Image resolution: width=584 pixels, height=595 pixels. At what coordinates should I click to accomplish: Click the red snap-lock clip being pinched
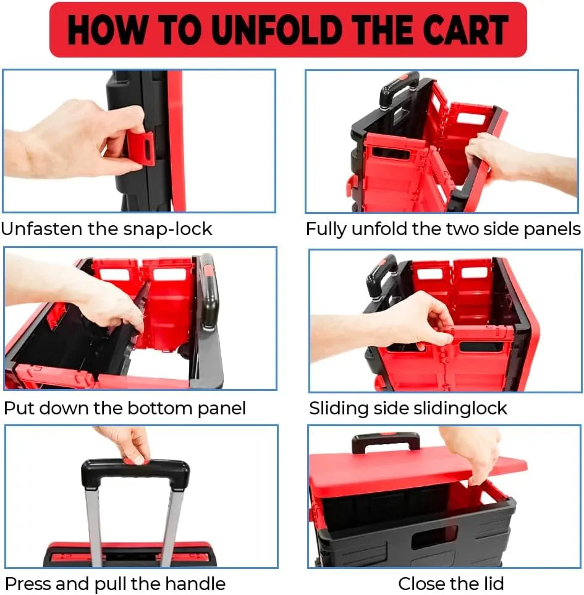pyautogui.click(x=141, y=148)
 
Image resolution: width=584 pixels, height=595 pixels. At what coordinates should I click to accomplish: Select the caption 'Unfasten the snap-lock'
pyautogui.click(x=106, y=229)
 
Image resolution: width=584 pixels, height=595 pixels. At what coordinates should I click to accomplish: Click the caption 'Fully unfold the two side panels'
pyautogui.click(x=443, y=229)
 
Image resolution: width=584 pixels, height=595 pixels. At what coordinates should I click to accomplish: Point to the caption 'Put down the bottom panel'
pyautogui.click(x=125, y=408)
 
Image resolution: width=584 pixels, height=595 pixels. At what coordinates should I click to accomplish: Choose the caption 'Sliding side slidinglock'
pyautogui.click(x=408, y=408)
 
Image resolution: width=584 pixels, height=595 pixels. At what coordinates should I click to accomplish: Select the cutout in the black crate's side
pyautogui.click(x=434, y=534)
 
